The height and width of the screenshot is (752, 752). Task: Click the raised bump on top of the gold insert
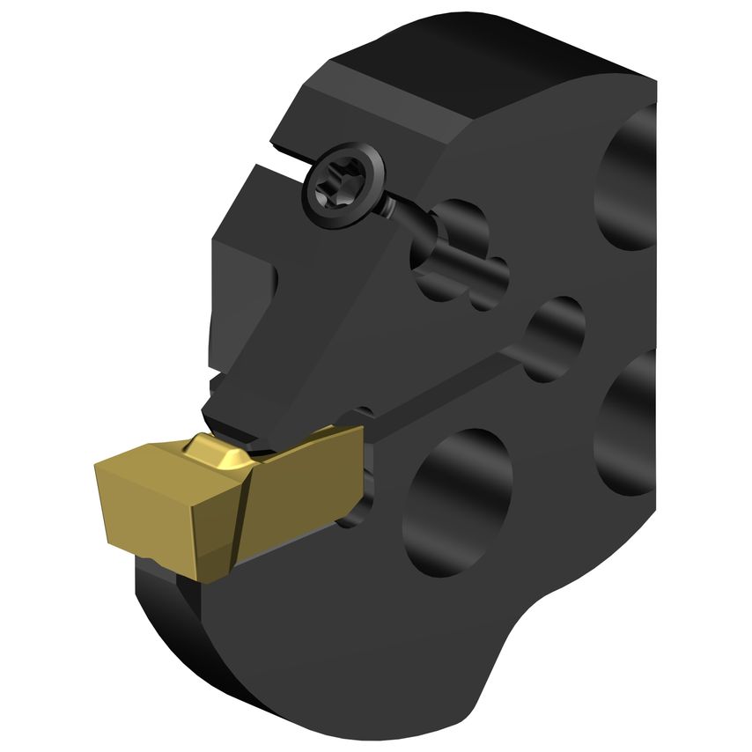pyautogui.click(x=216, y=452)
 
